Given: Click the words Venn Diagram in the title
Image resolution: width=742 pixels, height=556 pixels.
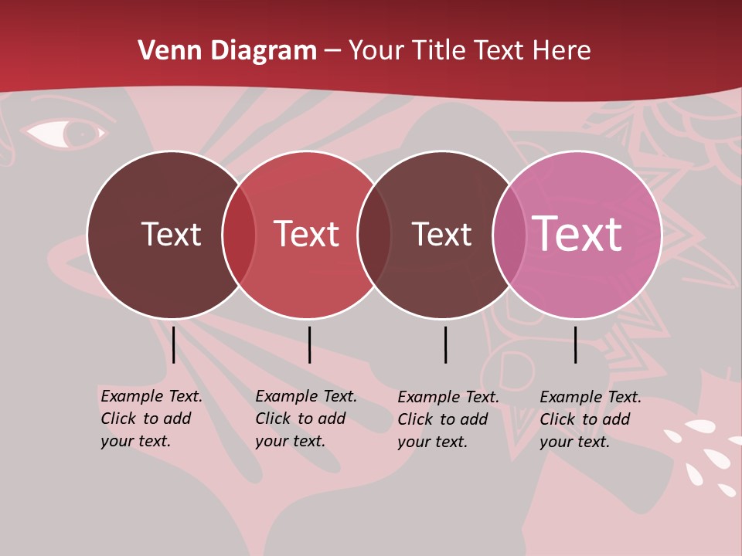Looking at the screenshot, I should [227, 51].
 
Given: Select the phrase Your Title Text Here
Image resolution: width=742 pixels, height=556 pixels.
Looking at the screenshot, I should [469, 51].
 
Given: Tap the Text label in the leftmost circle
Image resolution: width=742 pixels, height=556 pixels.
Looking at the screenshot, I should [171, 234].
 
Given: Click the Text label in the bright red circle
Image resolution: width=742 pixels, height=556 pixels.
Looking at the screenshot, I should [307, 234].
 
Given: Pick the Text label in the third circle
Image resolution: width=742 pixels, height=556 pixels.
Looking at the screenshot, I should [441, 234].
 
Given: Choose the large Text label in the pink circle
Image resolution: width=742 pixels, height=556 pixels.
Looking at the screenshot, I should [577, 234].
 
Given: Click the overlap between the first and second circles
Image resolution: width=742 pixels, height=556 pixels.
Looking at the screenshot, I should [239, 235].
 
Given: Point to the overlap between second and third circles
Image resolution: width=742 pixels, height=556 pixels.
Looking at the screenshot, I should [374, 235].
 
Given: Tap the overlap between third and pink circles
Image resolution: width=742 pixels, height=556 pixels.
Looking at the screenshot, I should [509, 235].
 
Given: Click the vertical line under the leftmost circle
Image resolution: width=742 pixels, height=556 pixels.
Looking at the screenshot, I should [174, 344].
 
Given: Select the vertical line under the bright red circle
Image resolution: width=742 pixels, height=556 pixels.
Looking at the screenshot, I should [309, 344].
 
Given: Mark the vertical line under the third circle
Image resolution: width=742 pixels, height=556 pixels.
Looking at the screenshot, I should [445, 344].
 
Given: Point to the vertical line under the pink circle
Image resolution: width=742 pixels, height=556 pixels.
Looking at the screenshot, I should [576, 344].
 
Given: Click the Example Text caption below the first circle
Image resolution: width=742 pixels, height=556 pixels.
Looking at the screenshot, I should [151, 419].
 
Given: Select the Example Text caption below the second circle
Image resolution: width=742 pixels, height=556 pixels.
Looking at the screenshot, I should [306, 419].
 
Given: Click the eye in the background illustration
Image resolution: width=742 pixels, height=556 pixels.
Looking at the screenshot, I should [65, 133].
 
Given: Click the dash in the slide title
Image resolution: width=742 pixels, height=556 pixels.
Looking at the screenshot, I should [332, 51].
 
